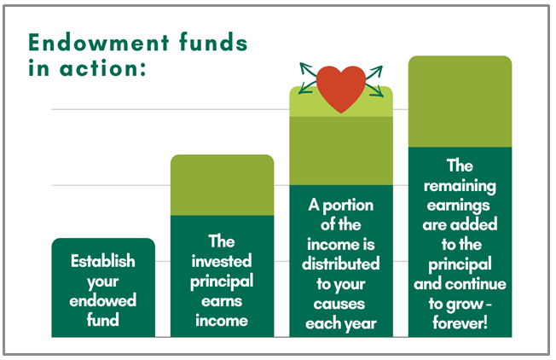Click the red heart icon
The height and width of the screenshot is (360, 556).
pyautogui.click(x=341, y=89)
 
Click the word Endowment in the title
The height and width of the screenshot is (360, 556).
pyautogui.click(x=99, y=43)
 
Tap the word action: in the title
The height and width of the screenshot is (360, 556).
pyautogui.click(x=103, y=68)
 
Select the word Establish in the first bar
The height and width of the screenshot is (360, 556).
pyautogui.click(x=103, y=261)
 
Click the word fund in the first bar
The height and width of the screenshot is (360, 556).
pyautogui.click(x=103, y=320)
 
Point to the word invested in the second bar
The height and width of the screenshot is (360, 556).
pyautogui.click(x=222, y=261)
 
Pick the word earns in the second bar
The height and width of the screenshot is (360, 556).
pyautogui.click(x=222, y=301)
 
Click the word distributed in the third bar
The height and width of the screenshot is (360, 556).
pyautogui.click(x=341, y=264)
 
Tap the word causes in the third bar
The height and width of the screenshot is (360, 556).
pyautogui.click(x=339, y=304)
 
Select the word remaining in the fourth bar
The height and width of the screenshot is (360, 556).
pyautogui.click(x=460, y=186)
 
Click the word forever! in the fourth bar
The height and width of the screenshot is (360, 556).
pyautogui.click(x=460, y=322)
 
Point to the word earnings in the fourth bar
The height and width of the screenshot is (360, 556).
pyautogui.click(x=459, y=206)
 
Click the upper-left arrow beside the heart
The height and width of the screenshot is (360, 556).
pyautogui.click(x=308, y=69)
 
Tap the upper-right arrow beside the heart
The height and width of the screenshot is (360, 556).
pyautogui.click(x=374, y=72)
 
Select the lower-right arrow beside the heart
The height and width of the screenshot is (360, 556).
pyautogui.click(x=375, y=90)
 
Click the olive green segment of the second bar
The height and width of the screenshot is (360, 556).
pyautogui.click(x=222, y=185)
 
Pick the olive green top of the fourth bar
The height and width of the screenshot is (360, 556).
pyautogui.click(x=460, y=102)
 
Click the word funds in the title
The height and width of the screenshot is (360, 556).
pyautogui.click(x=213, y=43)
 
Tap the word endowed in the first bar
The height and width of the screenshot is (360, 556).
pyautogui.click(x=103, y=300)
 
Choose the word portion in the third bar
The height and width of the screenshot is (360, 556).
pyautogui.click(x=348, y=206)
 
